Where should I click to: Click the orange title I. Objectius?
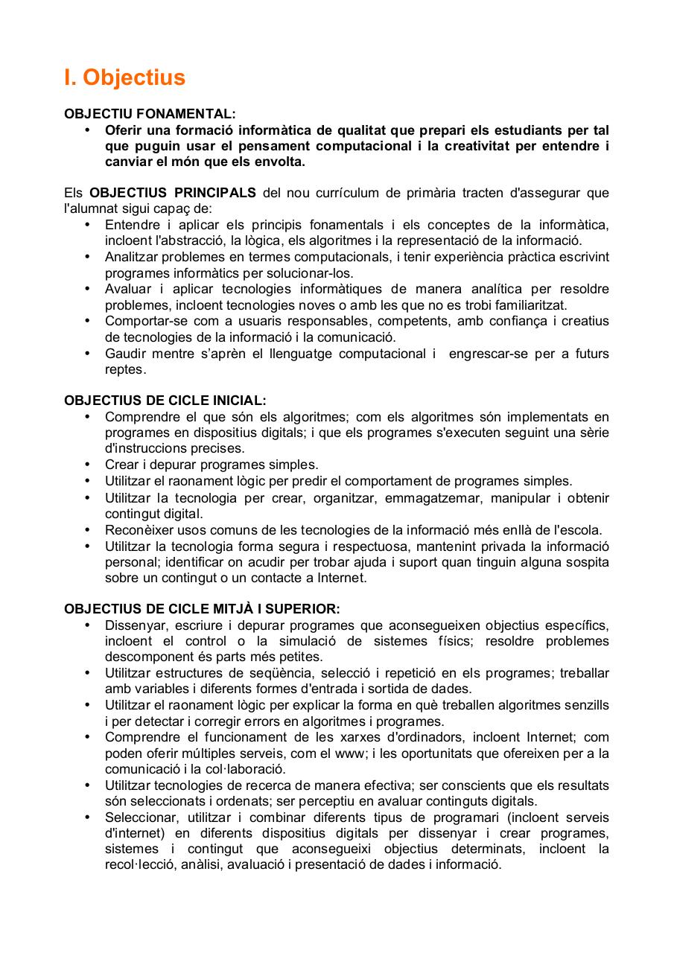pyautogui.click(x=124, y=78)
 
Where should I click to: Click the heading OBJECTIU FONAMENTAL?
pyautogui.click(x=150, y=114)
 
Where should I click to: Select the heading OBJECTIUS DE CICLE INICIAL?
pyautogui.click(x=165, y=401)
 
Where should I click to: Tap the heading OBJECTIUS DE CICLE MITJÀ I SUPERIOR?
pyautogui.click(x=202, y=609)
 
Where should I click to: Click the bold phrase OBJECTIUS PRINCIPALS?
pyautogui.click(x=173, y=194)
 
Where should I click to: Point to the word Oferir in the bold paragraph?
pyautogui.click(x=122, y=130)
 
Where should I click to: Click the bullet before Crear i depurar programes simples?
pyautogui.click(x=88, y=465)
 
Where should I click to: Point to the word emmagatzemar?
pyautogui.click(x=428, y=498)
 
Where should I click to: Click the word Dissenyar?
pyautogui.click(x=133, y=625)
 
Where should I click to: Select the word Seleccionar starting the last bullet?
pyautogui.click(x=138, y=817)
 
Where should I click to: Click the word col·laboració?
pyautogui.click(x=248, y=769)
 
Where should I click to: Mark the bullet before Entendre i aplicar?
pyautogui.click(x=88, y=225)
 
